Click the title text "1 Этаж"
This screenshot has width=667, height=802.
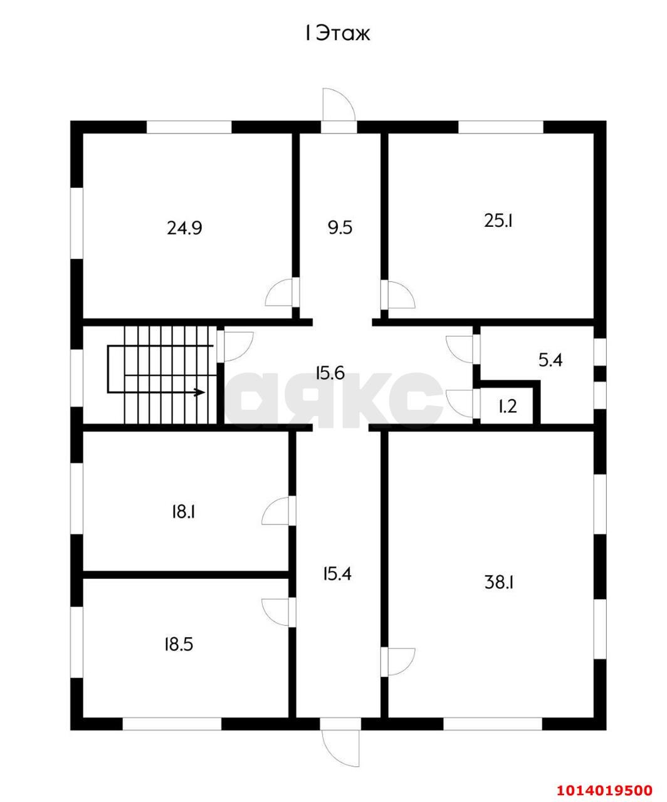[338, 34]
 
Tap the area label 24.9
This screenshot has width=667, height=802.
[184, 229]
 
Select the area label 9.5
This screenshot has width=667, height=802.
[340, 228]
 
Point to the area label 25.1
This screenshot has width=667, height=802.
[498, 221]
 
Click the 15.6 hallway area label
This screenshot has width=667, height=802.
[330, 373]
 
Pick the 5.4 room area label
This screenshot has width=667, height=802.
[550, 360]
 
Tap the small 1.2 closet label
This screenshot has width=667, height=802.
[508, 407]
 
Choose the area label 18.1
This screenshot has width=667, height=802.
[184, 512]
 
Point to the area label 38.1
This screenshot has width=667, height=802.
[500, 583]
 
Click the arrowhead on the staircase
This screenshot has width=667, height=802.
[200, 392]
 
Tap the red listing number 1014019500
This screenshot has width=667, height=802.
[604, 787]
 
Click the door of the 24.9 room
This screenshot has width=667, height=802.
[279, 293]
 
